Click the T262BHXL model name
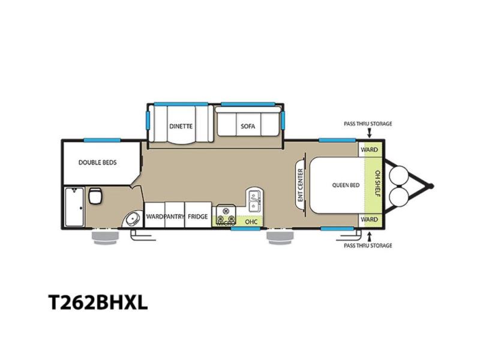pos(98,302)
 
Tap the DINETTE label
pos(181,126)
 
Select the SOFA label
pos(248,126)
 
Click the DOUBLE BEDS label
pos(98,163)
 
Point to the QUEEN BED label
pos(346,185)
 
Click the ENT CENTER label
pos(301,185)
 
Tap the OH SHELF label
pos(377,184)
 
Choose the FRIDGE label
pos(198,217)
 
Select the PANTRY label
pos(174,217)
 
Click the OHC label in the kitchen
pos(251,221)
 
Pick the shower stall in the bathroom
pos(74,207)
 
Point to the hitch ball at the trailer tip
pos(430,186)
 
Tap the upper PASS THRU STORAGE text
pos(368,124)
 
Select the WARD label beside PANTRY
pos(154,217)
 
